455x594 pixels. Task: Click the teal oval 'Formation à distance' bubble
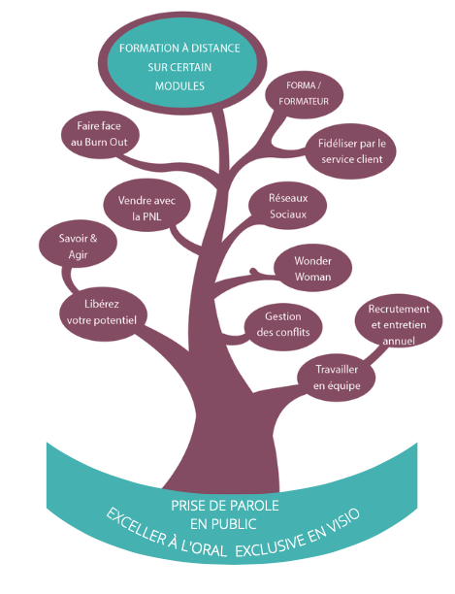[182, 63]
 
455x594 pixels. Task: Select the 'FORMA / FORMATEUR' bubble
[304, 94]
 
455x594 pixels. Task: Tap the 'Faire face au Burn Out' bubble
[100, 135]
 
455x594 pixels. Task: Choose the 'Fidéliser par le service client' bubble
[351, 151]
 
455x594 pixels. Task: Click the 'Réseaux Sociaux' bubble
[288, 206]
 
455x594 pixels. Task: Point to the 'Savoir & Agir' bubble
[78, 244]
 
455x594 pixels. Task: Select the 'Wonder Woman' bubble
[312, 268]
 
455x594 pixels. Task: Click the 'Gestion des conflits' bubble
[283, 324]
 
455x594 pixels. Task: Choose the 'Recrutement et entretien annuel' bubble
[399, 323]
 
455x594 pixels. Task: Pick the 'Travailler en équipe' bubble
[337, 377]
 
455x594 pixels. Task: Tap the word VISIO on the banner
[344, 520]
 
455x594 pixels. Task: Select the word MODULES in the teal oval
[179, 86]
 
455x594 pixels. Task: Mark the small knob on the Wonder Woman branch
[254, 272]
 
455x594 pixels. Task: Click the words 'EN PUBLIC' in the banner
[223, 524]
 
